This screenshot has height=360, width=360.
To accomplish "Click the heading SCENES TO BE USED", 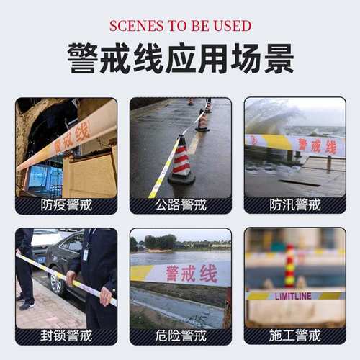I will tap(180, 26).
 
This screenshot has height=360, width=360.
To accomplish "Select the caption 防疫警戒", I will tap(66, 205).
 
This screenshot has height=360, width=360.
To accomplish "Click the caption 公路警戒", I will tap(180, 205).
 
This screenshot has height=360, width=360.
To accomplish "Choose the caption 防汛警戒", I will tap(294, 205).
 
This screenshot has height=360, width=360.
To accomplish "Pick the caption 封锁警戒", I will tap(66, 336).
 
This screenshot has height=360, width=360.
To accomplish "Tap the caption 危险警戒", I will tap(180, 336).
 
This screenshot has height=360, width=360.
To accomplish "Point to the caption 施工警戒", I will tap(294, 336).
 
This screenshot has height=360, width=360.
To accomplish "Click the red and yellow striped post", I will tap(290, 266).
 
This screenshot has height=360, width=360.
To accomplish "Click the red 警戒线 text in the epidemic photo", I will tap(72, 138).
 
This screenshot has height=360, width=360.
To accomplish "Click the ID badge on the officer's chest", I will tap(86, 254).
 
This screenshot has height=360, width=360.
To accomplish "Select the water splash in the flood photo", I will tap(270, 115).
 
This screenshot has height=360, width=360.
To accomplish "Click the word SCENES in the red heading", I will tap(134, 26).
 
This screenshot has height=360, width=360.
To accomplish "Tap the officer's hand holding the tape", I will tap(106, 295).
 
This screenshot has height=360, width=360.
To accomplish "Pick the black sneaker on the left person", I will tap(26, 305).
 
